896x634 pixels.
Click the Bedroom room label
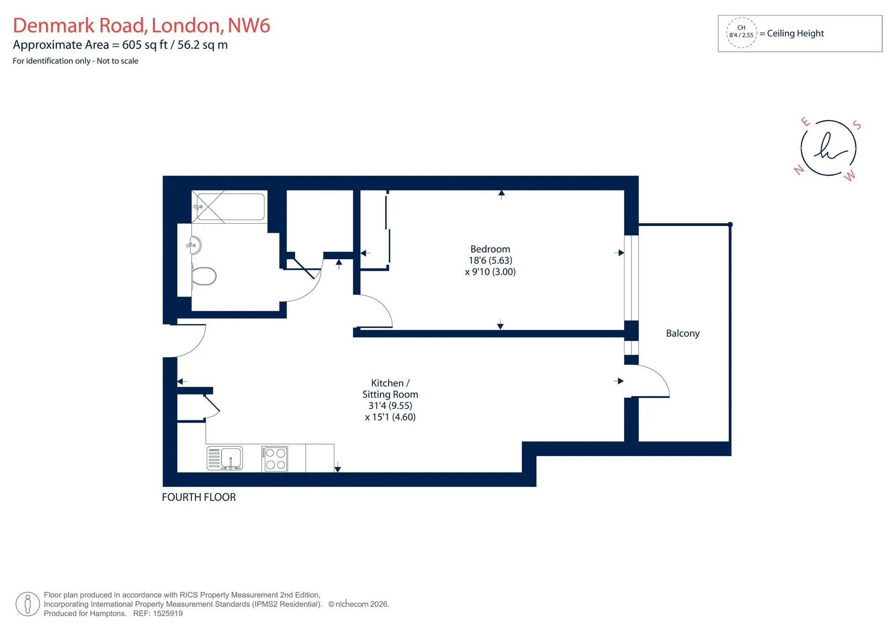coord(490,249)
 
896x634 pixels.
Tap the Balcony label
coord(683,333)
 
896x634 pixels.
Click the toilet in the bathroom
coord(204,276)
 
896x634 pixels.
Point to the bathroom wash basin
coord(195,245)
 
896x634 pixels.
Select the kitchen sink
coord(225,458)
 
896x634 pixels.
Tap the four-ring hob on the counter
coord(275,459)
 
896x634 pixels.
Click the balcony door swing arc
coord(658,373)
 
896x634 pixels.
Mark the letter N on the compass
coord(799,169)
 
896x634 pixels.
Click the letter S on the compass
coord(857,125)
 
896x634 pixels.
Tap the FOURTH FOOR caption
coord(199,497)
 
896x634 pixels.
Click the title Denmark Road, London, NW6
coord(141,25)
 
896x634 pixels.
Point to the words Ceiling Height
coord(795,33)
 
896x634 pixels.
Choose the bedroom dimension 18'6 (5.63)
coord(490,261)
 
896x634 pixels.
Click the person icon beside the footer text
coord(28,604)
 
